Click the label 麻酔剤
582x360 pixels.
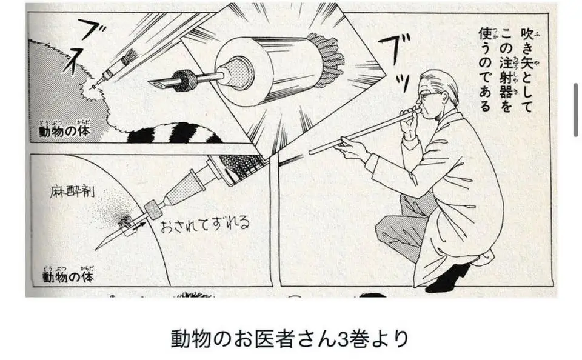[x=72, y=192]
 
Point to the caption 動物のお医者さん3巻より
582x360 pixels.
[x=290, y=338]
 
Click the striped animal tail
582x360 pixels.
[x=174, y=133]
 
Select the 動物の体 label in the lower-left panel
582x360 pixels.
[x=67, y=275]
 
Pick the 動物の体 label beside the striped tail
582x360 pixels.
[x=64, y=129]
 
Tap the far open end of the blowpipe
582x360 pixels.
[x=311, y=152]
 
